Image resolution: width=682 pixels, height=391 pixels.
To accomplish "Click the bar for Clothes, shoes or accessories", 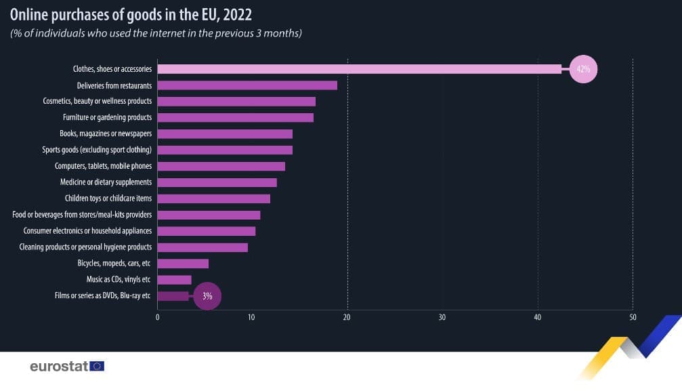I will [359, 69].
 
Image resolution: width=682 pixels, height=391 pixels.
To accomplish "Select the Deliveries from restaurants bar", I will [247, 85].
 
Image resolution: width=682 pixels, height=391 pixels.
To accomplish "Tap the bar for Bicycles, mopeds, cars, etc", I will [183, 264].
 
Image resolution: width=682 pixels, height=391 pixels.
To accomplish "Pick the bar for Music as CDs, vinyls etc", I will [174, 280].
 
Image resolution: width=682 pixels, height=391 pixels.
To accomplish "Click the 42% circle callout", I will [583, 69].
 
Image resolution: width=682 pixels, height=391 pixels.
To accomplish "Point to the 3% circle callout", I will [207, 296].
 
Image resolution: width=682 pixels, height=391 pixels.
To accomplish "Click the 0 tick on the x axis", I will [157, 317].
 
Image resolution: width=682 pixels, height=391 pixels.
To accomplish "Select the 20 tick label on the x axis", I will [347, 317].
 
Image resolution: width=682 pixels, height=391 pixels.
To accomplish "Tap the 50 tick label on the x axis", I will [633, 317].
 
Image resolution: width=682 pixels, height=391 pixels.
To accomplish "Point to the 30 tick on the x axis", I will [442, 317].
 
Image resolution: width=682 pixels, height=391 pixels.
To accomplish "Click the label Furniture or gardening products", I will [107, 118].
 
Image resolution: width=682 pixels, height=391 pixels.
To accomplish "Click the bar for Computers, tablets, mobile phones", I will [221, 166].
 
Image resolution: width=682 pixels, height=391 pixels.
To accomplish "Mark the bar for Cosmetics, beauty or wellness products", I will [236, 102].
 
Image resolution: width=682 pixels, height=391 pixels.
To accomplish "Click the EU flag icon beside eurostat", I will [97, 367].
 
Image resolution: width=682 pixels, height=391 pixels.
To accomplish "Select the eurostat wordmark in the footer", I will [60, 367].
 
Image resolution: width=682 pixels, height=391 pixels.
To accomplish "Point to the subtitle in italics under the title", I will [156, 33].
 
